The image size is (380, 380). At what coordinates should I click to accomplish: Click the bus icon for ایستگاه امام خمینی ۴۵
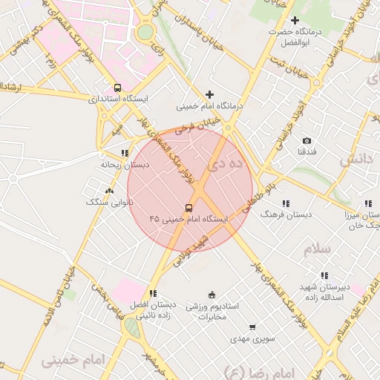click(189, 208)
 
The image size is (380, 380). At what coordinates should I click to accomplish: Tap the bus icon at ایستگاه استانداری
click(117, 87)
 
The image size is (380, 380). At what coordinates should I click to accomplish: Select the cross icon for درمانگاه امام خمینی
click(210, 94)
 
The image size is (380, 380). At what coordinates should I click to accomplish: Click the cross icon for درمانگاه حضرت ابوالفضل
click(295, 20)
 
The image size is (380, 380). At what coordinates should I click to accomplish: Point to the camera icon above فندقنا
click(307, 140)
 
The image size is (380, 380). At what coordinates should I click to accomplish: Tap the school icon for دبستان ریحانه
click(124, 154)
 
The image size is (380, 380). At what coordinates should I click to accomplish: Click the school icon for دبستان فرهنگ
click(286, 203)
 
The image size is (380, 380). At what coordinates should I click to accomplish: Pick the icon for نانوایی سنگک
click(110, 191)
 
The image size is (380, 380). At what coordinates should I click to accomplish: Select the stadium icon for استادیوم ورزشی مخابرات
click(212, 295)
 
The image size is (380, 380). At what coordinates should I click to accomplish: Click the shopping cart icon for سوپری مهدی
click(252, 327)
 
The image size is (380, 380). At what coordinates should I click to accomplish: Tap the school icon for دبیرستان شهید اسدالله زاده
click(324, 276)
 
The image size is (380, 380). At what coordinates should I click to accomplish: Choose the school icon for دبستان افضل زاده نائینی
click(153, 294)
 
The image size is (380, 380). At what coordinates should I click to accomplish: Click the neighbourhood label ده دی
click(226, 164)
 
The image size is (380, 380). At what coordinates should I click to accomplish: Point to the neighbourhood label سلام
click(317, 249)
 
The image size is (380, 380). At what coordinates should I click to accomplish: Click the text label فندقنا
click(307, 151)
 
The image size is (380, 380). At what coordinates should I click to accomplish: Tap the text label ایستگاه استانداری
click(118, 98)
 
